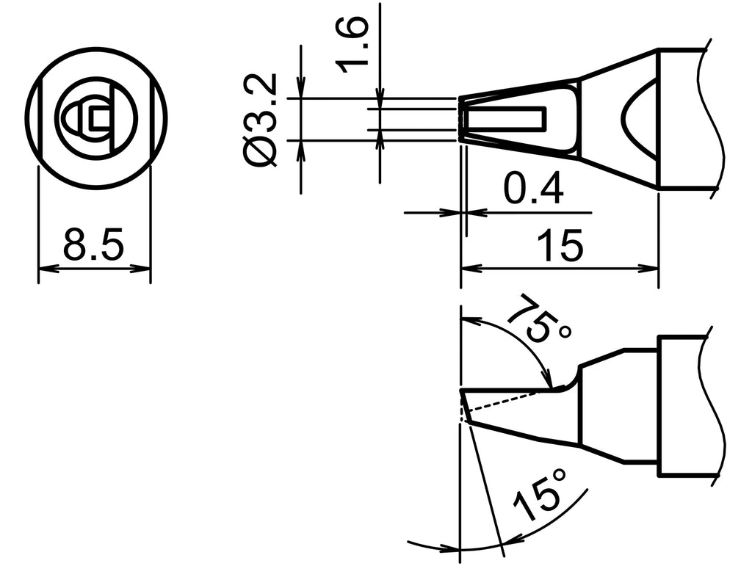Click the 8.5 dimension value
pyautogui.click(x=93, y=244)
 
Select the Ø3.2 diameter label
pyautogui.click(x=260, y=119)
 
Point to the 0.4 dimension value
pyautogui.click(x=533, y=190)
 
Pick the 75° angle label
pyautogui.click(x=539, y=319)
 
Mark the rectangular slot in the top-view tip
pyautogui.click(x=507, y=117)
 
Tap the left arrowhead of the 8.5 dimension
pyautogui.click(x=44, y=269)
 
